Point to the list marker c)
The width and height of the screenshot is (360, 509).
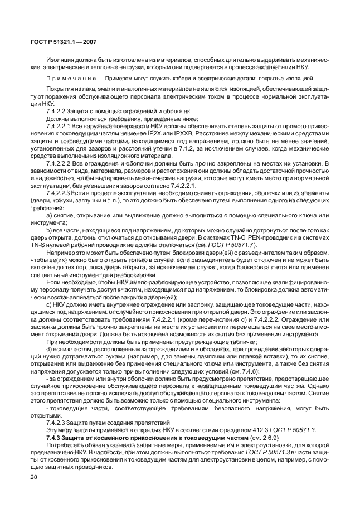[x=50, y=304]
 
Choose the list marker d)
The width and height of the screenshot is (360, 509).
[x=50, y=349]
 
